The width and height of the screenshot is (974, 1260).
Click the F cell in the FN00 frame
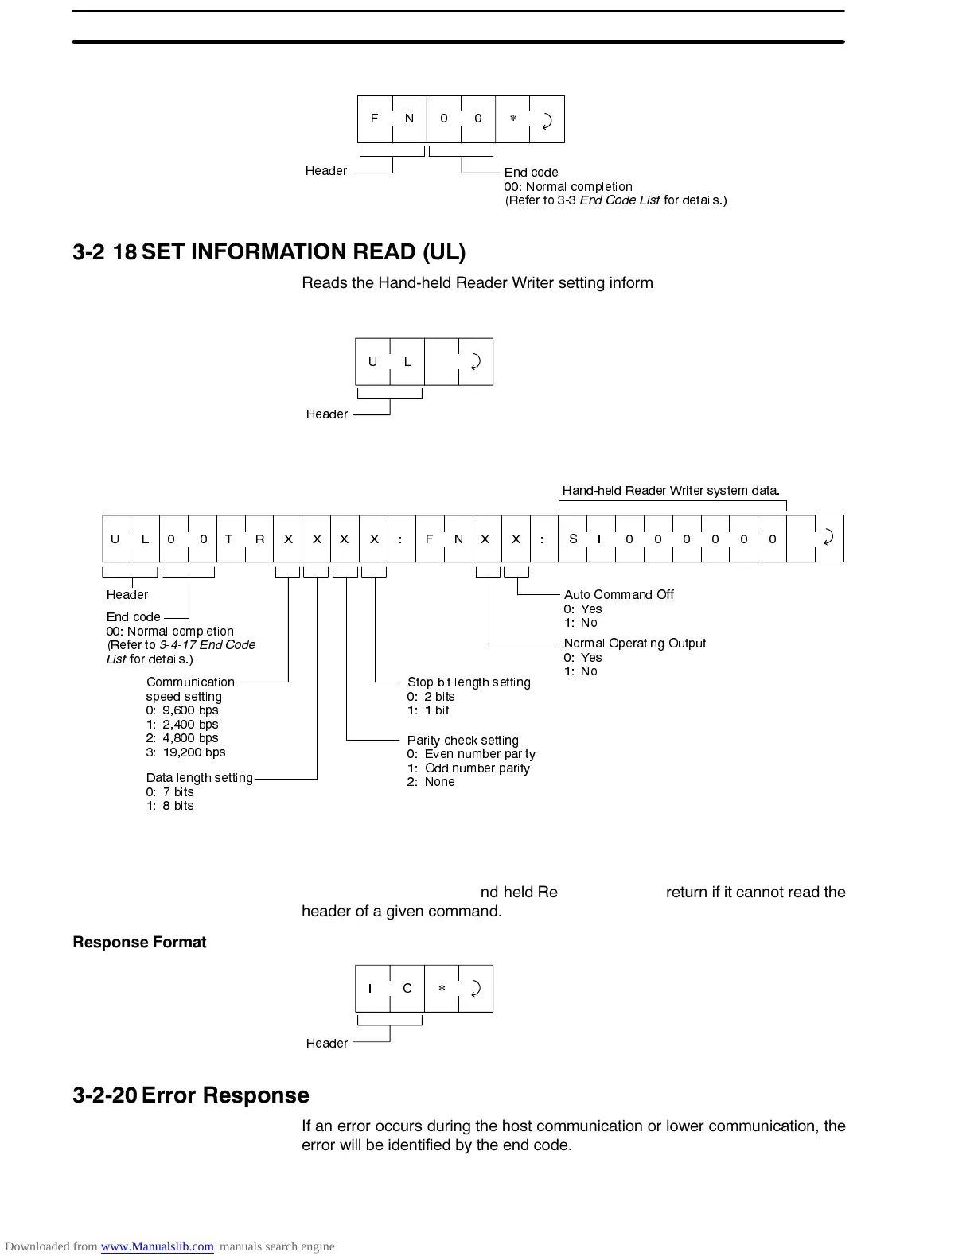(374, 119)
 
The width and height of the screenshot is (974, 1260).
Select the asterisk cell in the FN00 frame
(512, 119)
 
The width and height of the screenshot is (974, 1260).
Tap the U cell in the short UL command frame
(372, 362)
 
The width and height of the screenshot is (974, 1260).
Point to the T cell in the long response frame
(229, 539)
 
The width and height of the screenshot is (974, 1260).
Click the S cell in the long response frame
(573, 539)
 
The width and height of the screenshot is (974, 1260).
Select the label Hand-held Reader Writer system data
(671, 491)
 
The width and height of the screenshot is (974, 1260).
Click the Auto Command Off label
(618, 595)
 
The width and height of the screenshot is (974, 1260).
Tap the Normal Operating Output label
(634, 644)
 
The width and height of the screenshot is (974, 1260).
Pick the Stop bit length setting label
(469, 682)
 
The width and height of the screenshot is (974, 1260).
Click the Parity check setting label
(462, 741)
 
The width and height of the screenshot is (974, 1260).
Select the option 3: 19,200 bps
(185, 752)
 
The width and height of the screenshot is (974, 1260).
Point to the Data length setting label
(199, 778)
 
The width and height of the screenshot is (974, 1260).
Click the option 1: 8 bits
(169, 806)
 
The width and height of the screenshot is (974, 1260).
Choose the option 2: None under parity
(431, 782)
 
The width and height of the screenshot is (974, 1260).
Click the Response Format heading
(139, 943)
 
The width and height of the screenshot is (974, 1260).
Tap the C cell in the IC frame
(407, 989)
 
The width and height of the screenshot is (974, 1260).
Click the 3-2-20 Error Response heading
(191, 1095)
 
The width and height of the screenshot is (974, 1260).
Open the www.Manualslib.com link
(157, 1246)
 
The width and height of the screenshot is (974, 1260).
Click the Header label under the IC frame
(327, 1044)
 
